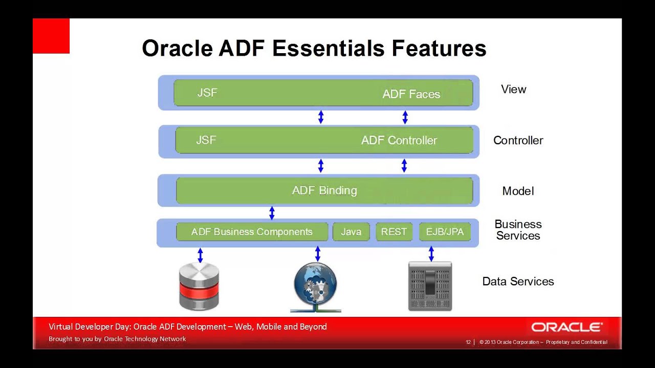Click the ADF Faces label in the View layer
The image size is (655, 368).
(411, 94)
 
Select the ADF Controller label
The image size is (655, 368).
(399, 141)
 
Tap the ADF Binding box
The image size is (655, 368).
(324, 191)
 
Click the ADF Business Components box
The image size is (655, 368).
(252, 232)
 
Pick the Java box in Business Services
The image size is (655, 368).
(351, 232)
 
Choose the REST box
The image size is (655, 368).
(394, 232)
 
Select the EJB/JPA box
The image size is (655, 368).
(445, 232)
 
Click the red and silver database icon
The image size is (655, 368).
(199, 286)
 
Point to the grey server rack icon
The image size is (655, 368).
(430, 286)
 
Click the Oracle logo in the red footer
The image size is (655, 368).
(566, 328)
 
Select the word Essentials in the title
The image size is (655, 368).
(329, 49)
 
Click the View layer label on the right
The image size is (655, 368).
(513, 89)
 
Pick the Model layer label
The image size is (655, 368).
(518, 191)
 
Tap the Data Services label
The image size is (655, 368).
(518, 282)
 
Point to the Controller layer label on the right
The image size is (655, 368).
(518, 141)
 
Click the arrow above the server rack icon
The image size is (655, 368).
(431, 254)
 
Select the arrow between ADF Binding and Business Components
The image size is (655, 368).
(272, 213)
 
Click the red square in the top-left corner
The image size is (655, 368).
(51, 36)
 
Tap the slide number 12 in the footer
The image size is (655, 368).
(468, 342)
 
